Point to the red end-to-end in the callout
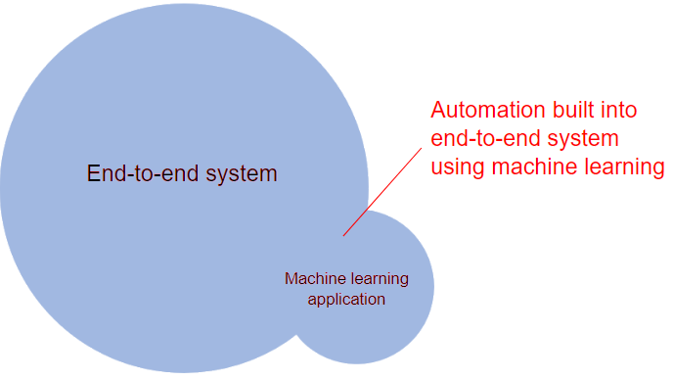pos(487,138)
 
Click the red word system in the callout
pos(586,139)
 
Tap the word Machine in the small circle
pos(312,279)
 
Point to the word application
pos(346,300)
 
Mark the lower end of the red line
pos(343,235)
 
